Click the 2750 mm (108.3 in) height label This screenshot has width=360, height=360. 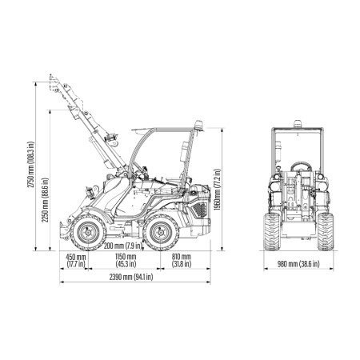point(31,164)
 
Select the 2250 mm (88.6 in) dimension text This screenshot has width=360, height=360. point(45,200)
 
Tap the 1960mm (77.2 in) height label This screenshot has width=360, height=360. point(218,190)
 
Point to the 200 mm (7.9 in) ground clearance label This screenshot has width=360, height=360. point(123,246)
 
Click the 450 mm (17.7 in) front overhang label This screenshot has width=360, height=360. point(76,261)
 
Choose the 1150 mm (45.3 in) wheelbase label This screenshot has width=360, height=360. point(126,261)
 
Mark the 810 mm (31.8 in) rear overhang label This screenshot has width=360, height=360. point(182,261)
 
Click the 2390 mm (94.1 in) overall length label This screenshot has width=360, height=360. point(131,277)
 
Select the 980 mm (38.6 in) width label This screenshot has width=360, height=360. point(298,264)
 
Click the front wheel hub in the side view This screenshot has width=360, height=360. point(88,232)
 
